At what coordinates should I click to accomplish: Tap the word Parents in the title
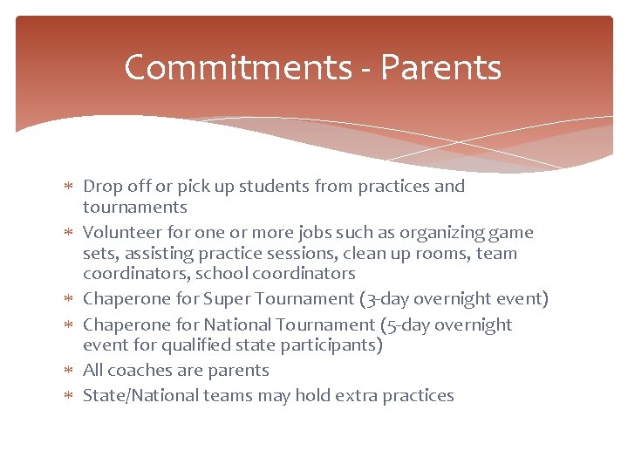pyautogui.click(x=441, y=68)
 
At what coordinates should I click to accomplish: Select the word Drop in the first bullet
pyautogui.click(x=101, y=186)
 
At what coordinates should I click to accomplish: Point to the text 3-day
pyautogui.click(x=386, y=299)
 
